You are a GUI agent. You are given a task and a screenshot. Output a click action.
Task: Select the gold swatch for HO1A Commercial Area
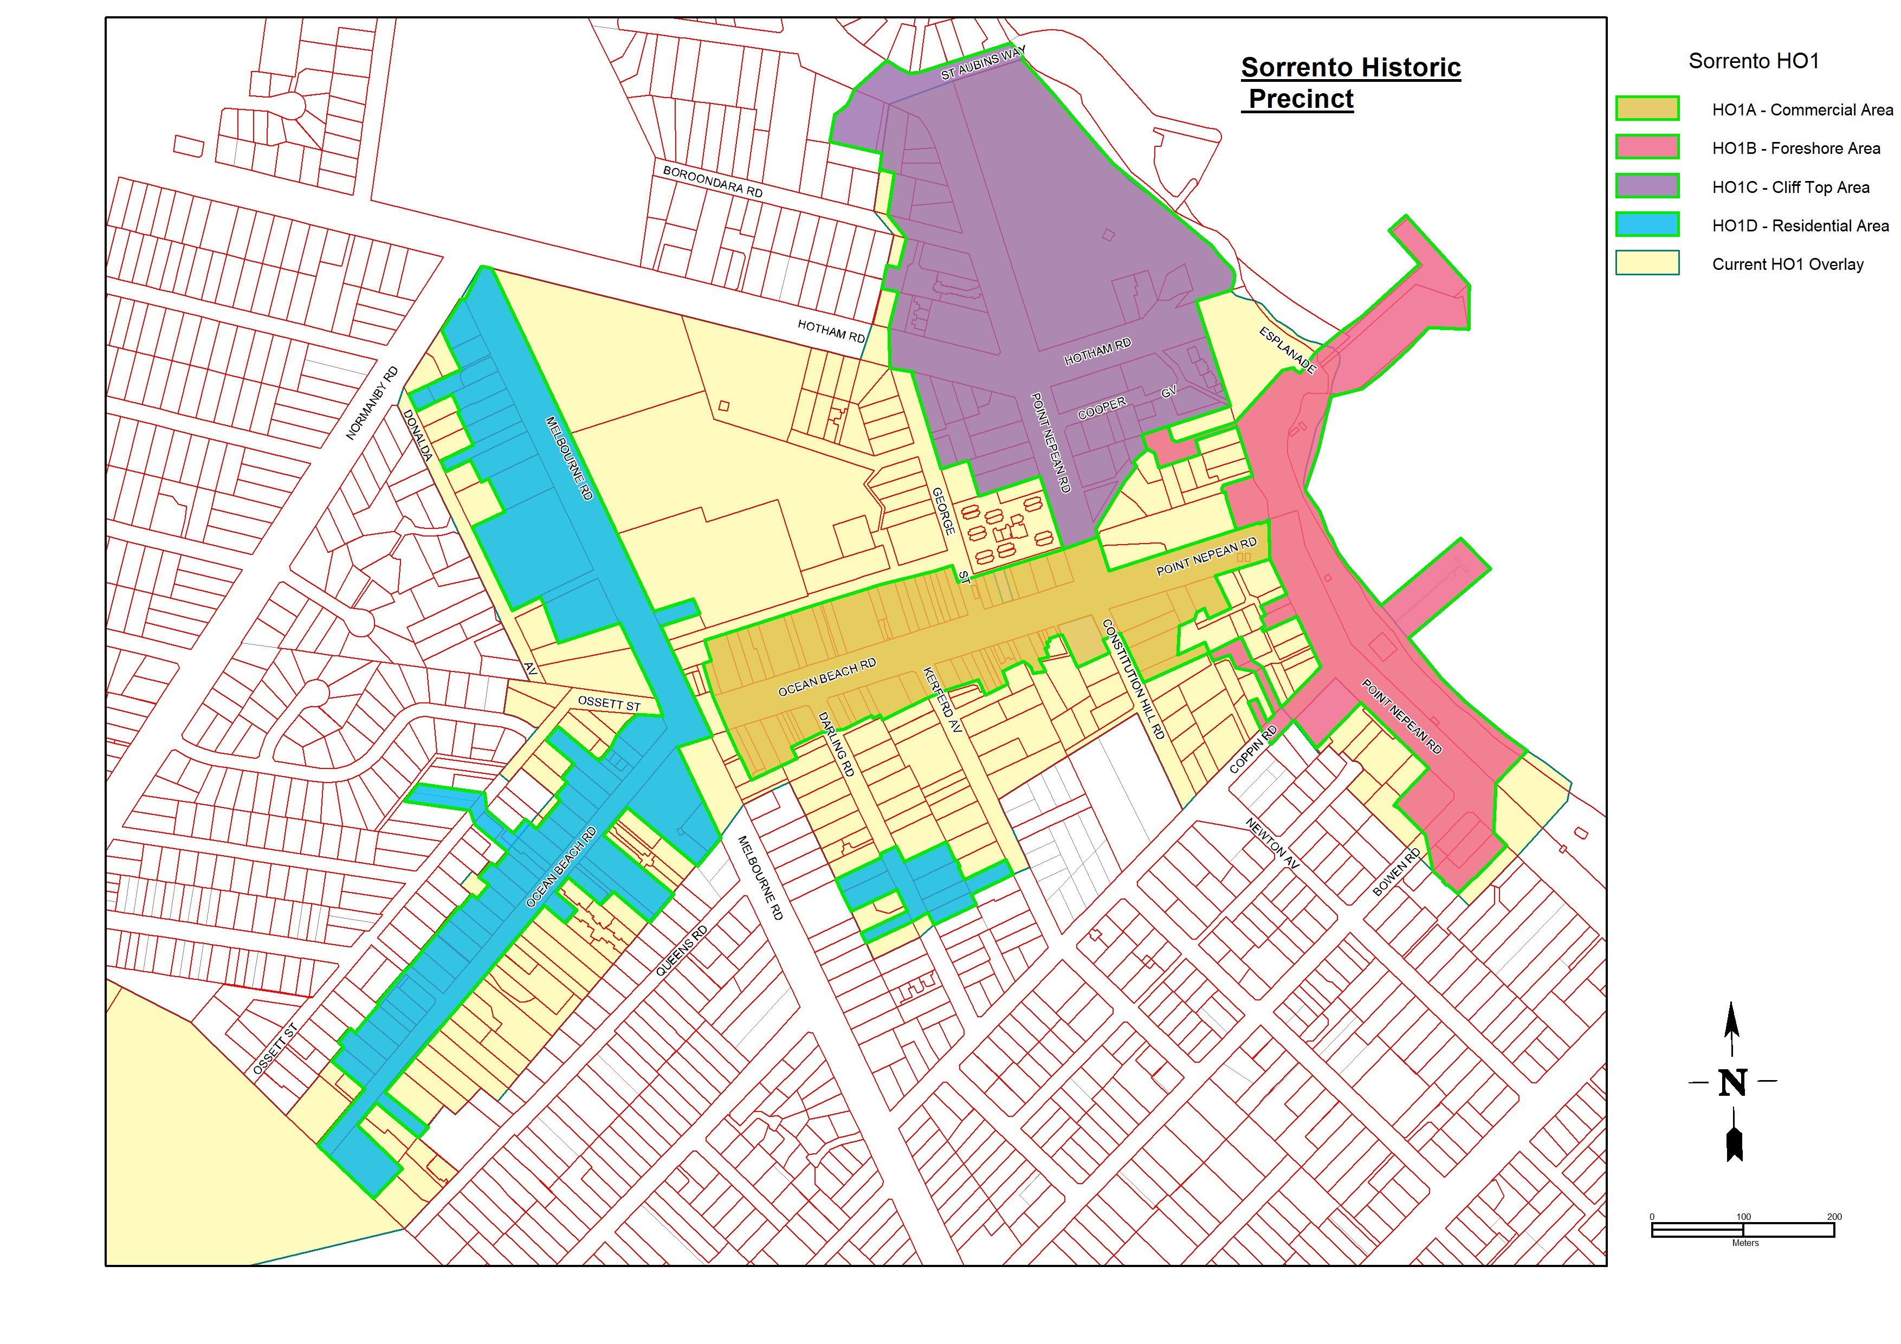[x=1647, y=108]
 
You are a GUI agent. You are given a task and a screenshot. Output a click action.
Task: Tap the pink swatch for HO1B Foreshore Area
[x=1647, y=147]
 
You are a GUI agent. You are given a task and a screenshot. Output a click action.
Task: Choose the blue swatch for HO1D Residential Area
[x=1647, y=224]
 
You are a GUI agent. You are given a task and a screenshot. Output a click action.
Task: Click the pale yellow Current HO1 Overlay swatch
[x=1647, y=263]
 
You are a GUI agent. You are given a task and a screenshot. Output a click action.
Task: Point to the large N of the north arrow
[x=1732, y=1082]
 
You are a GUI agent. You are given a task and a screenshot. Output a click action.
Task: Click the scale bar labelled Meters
[x=1743, y=1230]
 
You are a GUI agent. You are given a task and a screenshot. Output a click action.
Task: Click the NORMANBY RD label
[x=372, y=403]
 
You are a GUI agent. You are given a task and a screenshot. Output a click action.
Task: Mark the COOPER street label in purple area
[x=1102, y=408]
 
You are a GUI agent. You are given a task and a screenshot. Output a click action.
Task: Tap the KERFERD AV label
[x=943, y=701]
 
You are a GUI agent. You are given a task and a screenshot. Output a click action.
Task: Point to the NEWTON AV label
[x=1272, y=844]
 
